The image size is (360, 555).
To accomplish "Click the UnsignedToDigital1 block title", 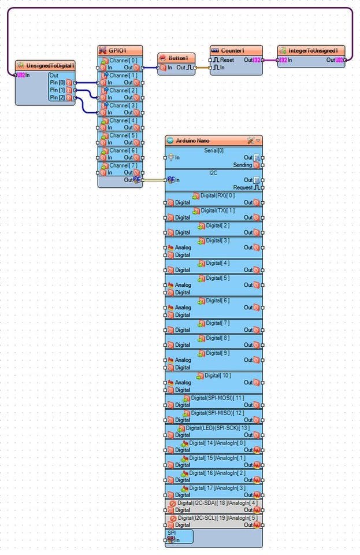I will point(50,65).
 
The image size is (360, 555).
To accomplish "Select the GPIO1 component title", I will point(117,50).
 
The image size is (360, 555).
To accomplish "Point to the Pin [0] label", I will point(57,83).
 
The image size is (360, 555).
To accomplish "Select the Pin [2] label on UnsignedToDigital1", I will point(57,97).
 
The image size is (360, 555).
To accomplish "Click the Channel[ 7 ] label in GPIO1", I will point(123,165).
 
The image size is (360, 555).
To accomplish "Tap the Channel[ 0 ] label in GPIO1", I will point(123,60).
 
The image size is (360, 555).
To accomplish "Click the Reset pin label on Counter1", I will point(227,60).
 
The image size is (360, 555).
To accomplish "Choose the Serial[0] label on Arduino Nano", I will point(214,150).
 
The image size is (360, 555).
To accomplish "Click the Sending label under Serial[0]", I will point(243,165).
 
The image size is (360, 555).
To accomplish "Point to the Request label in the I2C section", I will point(243,187).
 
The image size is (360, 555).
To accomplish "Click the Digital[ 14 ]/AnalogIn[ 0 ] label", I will point(218,442).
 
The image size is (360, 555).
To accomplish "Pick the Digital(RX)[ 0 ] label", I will point(218,195).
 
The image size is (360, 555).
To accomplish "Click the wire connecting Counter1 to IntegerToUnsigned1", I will point(270,60).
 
